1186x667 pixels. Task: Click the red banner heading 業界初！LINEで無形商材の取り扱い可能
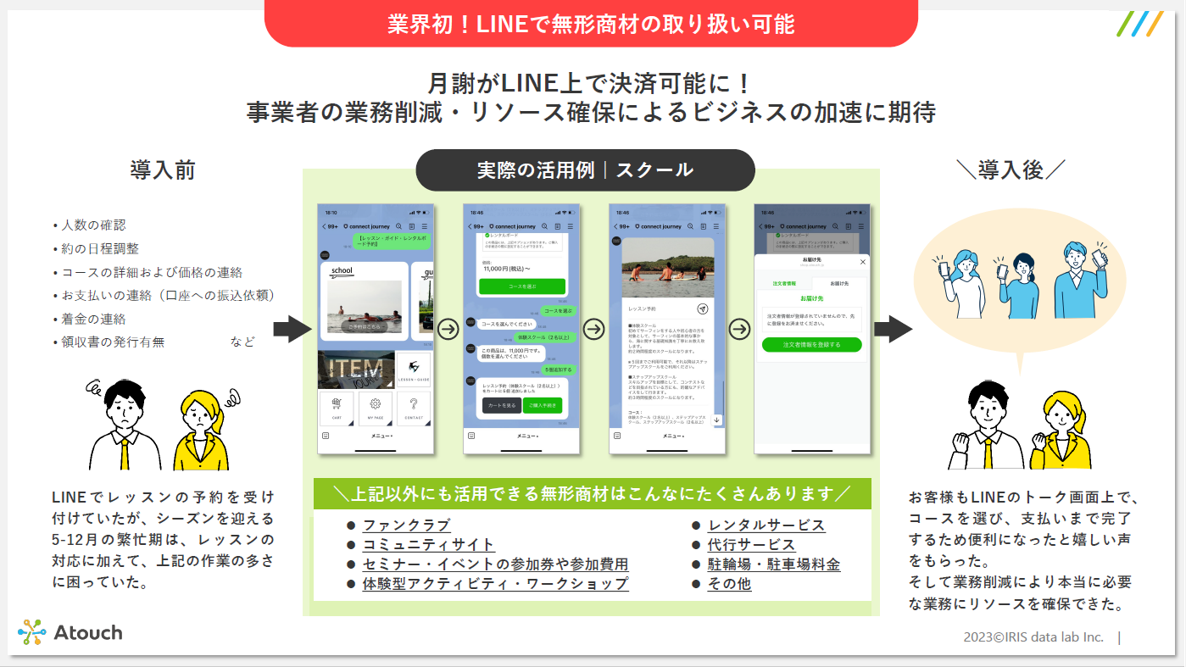(x=591, y=24)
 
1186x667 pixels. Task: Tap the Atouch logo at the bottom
(x=70, y=632)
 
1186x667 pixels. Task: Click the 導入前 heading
(x=163, y=170)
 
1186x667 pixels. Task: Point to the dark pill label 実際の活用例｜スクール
(x=585, y=170)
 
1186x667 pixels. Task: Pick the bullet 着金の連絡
(x=93, y=320)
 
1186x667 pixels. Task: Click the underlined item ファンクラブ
(x=406, y=525)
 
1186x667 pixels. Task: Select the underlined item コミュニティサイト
(x=428, y=545)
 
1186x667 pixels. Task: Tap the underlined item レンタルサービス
(x=766, y=525)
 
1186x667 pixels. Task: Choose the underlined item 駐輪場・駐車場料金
(x=773, y=564)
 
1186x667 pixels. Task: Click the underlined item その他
(x=729, y=584)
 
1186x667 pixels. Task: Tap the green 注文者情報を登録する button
(x=811, y=345)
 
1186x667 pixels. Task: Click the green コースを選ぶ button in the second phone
(x=521, y=286)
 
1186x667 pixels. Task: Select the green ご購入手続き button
(x=542, y=406)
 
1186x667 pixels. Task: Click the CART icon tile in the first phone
(x=337, y=409)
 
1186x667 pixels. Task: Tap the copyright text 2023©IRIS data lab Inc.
(x=1033, y=637)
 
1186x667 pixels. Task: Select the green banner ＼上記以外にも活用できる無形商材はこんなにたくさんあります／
(x=592, y=493)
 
